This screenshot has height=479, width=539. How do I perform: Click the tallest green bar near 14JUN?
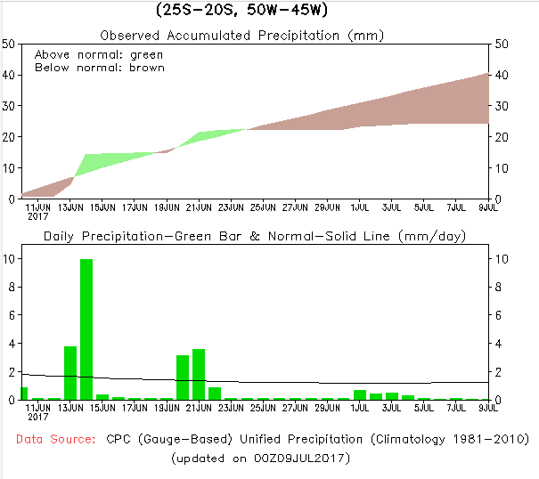86,329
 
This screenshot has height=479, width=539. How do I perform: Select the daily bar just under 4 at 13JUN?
70,372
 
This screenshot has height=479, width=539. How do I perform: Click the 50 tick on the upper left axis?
8,44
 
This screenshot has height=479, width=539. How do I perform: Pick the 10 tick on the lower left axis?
8,259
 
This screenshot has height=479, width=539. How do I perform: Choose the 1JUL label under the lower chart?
359,407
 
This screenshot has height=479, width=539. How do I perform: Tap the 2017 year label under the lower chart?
37,416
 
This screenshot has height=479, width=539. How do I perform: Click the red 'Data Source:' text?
55,439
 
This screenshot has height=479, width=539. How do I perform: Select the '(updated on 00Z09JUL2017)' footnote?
261,458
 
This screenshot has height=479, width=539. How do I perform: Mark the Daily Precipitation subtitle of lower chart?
255,236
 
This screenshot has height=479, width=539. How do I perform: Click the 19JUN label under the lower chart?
167,407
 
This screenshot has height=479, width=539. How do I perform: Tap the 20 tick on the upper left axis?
8,137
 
